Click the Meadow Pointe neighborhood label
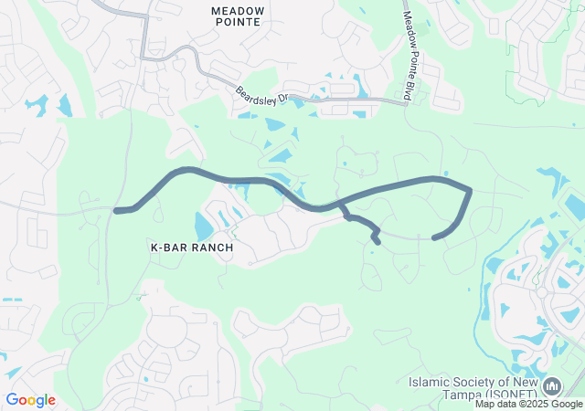(237, 16)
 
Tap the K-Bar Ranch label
(192, 248)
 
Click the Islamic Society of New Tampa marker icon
(551, 387)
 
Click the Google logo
(30, 400)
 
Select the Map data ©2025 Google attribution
(528, 404)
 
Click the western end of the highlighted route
(116, 211)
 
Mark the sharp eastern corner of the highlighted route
(470, 190)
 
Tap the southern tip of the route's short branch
(378, 242)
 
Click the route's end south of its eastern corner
(434, 238)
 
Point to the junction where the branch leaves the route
(340, 203)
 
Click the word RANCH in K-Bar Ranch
(212, 248)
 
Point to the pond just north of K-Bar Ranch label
(203, 226)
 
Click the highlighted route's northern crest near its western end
(187, 169)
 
